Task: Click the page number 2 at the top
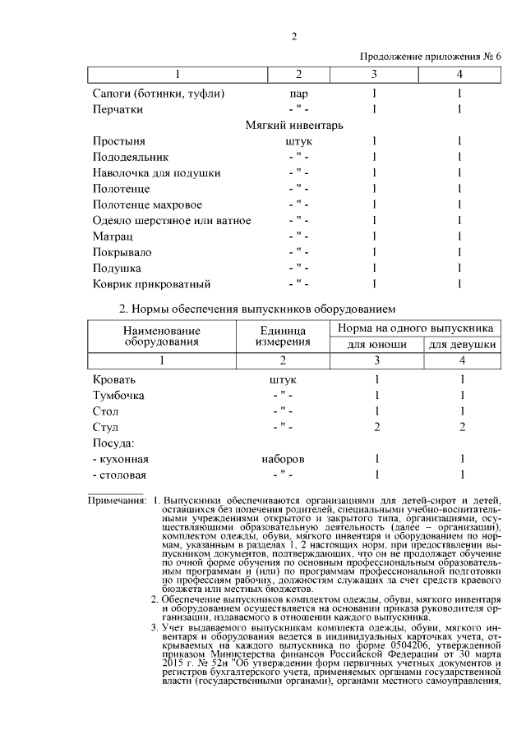[x=293, y=35]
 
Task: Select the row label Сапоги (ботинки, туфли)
[x=159, y=94]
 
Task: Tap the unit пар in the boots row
[x=298, y=94]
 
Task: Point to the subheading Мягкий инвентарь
[x=294, y=126]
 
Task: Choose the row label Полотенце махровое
[x=147, y=204]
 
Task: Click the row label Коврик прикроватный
[x=152, y=284]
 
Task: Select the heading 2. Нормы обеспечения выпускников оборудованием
[x=258, y=310]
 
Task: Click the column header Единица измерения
[x=282, y=335]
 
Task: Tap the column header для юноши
[x=377, y=345]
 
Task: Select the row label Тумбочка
[x=119, y=396]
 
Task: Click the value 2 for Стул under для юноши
[x=376, y=427]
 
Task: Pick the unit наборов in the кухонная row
[x=283, y=459]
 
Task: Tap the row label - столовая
[x=120, y=475]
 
